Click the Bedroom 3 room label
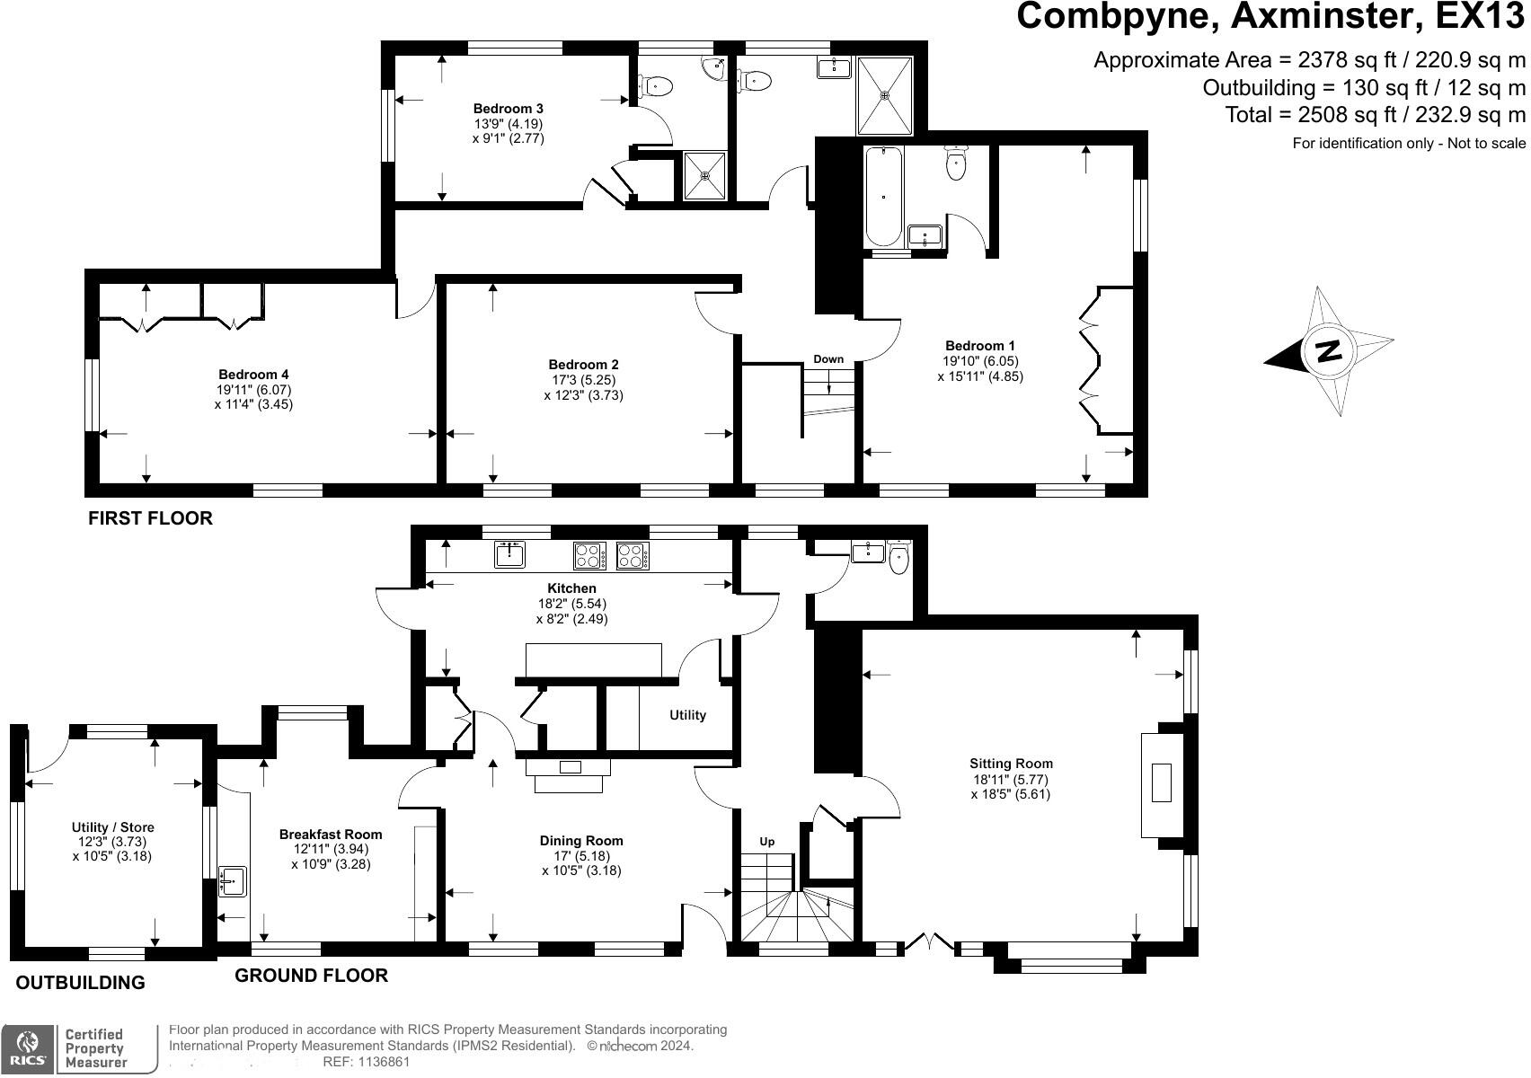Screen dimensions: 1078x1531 (508, 109)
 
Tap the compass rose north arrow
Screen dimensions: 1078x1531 (1328, 350)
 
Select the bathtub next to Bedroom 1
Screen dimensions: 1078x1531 (883, 197)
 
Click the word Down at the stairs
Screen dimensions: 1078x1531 (828, 359)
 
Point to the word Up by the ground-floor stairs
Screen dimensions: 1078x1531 (766, 842)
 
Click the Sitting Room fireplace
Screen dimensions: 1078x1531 (1161, 782)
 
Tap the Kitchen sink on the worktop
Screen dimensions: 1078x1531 (509, 555)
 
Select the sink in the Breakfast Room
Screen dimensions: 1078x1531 (233, 881)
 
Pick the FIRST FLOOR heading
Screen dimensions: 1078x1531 (150, 518)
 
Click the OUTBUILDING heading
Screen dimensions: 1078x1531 (80, 983)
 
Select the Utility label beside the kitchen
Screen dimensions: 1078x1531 (687, 715)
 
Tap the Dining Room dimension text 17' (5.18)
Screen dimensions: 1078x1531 (581, 856)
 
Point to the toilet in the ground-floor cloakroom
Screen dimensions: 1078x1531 (898, 559)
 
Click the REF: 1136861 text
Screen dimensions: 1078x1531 (366, 1062)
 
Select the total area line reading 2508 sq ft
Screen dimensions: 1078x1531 (1375, 115)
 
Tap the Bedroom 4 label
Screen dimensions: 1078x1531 (253, 375)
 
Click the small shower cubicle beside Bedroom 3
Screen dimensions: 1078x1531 (704, 175)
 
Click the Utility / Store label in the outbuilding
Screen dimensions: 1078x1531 (112, 827)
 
